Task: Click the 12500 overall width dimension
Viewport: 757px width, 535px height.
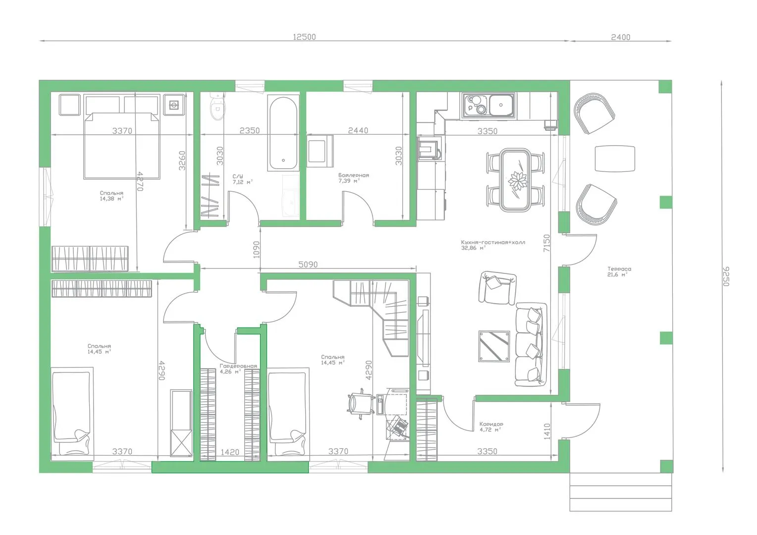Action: (x=304, y=37)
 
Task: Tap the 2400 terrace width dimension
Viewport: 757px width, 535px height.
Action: (x=620, y=37)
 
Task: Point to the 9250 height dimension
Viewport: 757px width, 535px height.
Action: (x=726, y=276)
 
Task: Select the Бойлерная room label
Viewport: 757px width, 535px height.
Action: (x=354, y=175)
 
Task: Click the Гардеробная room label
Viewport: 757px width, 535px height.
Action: (x=238, y=366)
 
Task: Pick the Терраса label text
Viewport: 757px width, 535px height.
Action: (x=619, y=269)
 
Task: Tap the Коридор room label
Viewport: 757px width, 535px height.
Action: (x=491, y=424)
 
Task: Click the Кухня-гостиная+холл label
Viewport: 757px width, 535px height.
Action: (x=493, y=242)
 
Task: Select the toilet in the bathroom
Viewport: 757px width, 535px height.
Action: (x=217, y=107)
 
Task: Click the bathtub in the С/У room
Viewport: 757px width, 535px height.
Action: (x=283, y=133)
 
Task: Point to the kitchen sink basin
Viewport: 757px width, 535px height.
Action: (x=501, y=105)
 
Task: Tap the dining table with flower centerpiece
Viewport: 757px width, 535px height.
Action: (x=515, y=180)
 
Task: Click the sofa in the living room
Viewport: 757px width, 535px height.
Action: (x=531, y=344)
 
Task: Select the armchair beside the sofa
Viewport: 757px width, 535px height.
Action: (x=497, y=288)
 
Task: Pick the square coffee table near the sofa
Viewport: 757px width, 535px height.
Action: (x=494, y=346)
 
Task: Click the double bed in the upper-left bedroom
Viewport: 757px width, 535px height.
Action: (x=122, y=146)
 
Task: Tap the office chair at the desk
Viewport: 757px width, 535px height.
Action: (x=361, y=404)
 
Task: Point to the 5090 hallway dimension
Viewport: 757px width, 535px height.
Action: (x=308, y=265)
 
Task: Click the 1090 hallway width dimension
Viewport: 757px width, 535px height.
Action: (x=257, y=249)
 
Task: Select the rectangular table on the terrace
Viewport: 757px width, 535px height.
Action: (x=615, y=159)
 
